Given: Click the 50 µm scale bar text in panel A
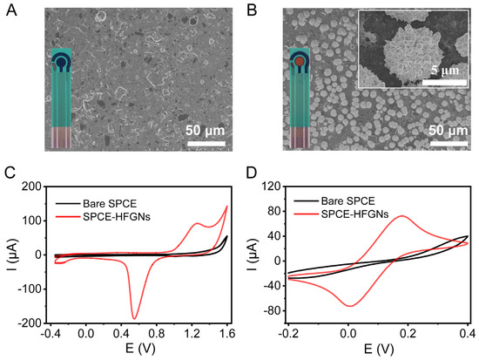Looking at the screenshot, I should point(205,131).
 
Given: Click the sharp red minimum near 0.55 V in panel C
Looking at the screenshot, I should point(134,317).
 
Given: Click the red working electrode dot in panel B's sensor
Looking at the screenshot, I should point(299,63).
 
